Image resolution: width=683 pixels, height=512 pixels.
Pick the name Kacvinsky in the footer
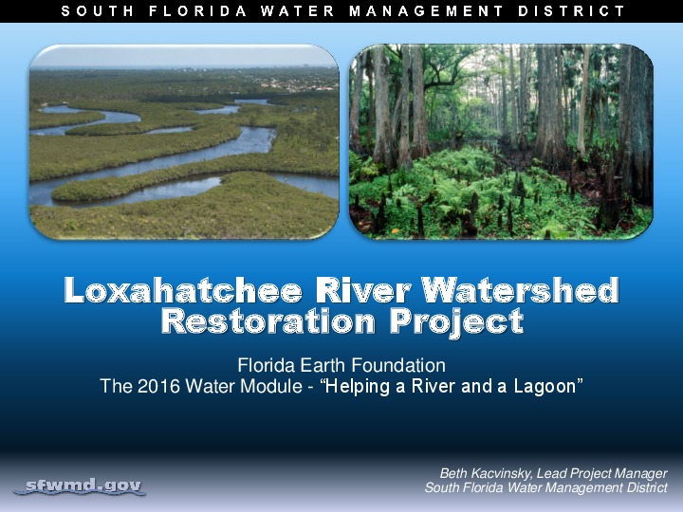tap(504, 473)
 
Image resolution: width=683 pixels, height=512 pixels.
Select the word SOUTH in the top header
tap(95, 11)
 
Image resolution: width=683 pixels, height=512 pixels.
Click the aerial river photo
tap(184, 142)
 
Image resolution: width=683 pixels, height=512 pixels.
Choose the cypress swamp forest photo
tap(501, 142)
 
